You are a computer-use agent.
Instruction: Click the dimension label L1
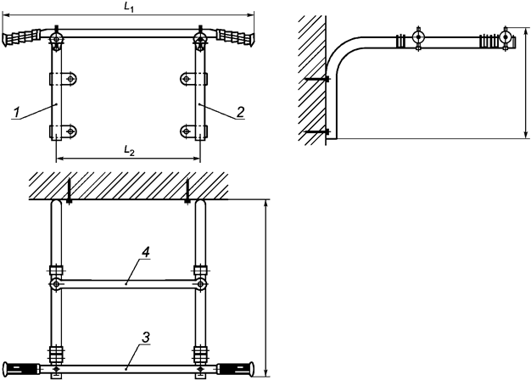(128, 7)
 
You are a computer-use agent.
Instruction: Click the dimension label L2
(128, 150)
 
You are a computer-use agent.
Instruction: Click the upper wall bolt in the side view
(317, 80)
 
